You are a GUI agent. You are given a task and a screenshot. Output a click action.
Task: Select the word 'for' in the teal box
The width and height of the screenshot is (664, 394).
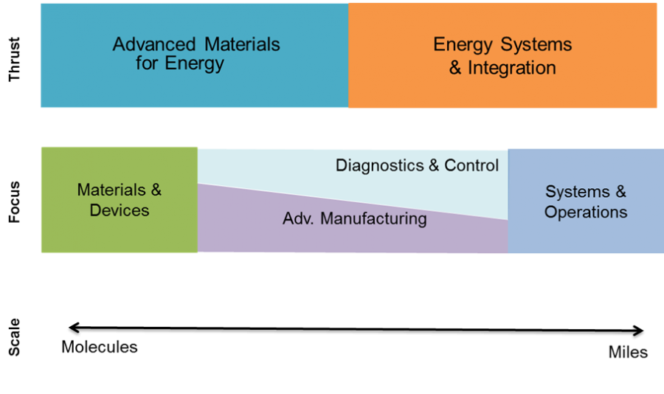[148, 63]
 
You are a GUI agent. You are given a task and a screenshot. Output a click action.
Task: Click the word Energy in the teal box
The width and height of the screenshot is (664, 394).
[194, 64]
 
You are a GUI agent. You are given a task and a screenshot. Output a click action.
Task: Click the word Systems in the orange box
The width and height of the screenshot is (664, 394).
[537, 45]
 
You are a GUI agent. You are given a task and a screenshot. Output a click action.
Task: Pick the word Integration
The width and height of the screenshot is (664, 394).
[512, 68]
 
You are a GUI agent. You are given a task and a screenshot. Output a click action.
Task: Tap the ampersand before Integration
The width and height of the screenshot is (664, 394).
[456, 68]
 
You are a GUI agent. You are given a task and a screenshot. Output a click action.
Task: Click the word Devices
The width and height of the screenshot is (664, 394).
[120, 210]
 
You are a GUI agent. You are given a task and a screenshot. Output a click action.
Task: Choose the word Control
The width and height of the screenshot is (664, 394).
[471, 165]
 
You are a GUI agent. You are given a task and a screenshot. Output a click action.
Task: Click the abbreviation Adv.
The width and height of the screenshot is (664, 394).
[298, 219]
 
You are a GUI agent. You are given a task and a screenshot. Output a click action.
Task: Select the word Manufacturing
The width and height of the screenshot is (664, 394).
[373, 219]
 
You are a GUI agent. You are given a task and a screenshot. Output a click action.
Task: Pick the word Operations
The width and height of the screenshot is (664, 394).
[586, 212]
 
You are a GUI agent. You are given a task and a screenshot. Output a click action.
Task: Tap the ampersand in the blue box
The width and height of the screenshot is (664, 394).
[620, 192]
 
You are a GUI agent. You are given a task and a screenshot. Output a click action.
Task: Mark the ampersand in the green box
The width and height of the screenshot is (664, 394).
[156, 190]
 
